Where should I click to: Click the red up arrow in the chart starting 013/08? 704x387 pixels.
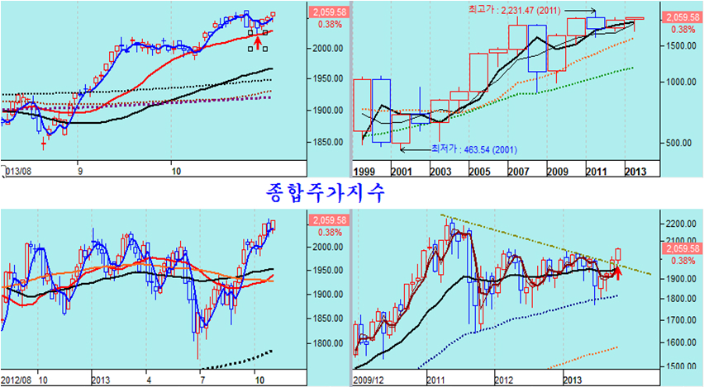pyautogui.click(x=258, y=41)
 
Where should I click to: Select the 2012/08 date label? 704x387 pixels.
pyautogui.click(x=18, y=380)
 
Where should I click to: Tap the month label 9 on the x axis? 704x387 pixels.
pyautogui.click(x=79, y=172)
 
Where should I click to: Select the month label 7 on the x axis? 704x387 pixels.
pyautogui.click(x=202, y=380)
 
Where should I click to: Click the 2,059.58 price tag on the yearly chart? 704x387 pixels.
pyautogui.click(x=683, y=17)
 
